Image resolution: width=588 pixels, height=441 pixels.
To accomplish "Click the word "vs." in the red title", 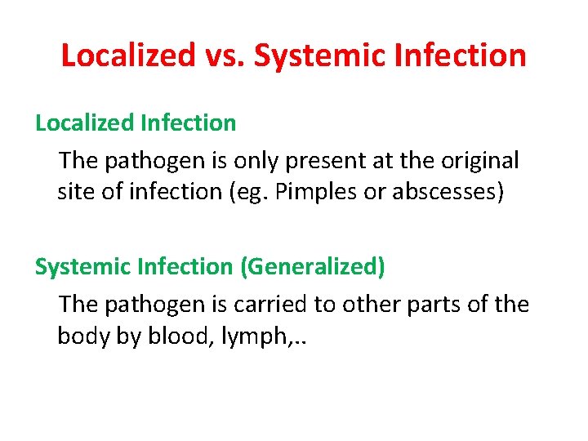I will point(225,56).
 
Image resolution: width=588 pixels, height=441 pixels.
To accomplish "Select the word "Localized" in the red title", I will point(127,56).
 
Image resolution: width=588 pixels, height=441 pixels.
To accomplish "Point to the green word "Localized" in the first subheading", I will point(86,123).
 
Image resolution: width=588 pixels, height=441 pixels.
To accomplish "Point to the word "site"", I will point(74,192).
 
